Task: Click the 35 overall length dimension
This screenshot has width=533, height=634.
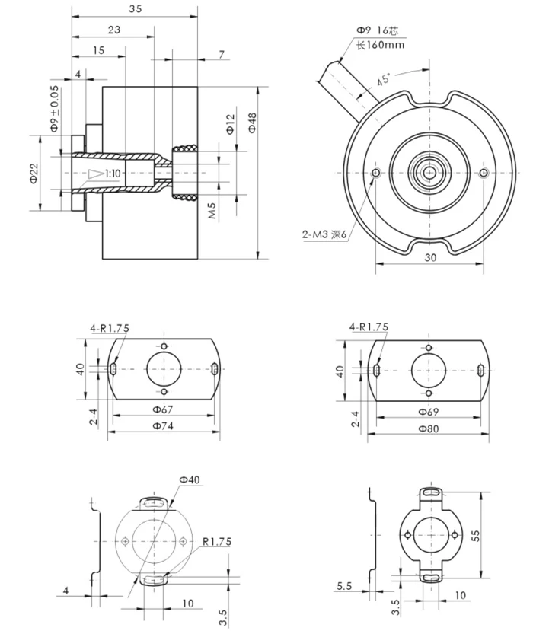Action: click(x=135, y=9)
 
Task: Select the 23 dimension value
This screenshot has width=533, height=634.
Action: click(x=113, y=30)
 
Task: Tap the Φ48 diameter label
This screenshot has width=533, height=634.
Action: click(x=252, y=122)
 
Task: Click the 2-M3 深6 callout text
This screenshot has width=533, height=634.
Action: click(x=324, y=235)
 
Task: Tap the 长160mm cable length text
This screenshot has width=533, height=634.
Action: click(x=380, y=45)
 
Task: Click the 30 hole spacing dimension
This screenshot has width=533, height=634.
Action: click(x=430, y=257)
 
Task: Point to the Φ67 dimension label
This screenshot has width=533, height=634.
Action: click(x=164, y=410)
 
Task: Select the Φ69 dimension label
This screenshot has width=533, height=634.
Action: click(x=429, y=411)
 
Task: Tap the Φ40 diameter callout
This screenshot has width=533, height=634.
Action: click(x=190, y=479)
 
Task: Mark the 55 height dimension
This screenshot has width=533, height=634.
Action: click(x=476, y=536)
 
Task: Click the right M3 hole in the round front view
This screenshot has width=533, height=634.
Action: click(x=484, y=174)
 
